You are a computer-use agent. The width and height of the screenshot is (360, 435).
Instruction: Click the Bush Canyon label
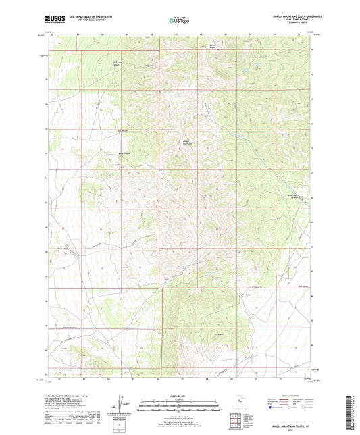click(245, 295)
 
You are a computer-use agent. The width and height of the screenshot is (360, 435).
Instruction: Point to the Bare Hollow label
click(123, 130)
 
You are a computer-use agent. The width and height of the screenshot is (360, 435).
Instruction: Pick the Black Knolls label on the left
click(63, 248)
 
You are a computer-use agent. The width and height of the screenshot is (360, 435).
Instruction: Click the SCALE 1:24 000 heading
click(180, 395)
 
